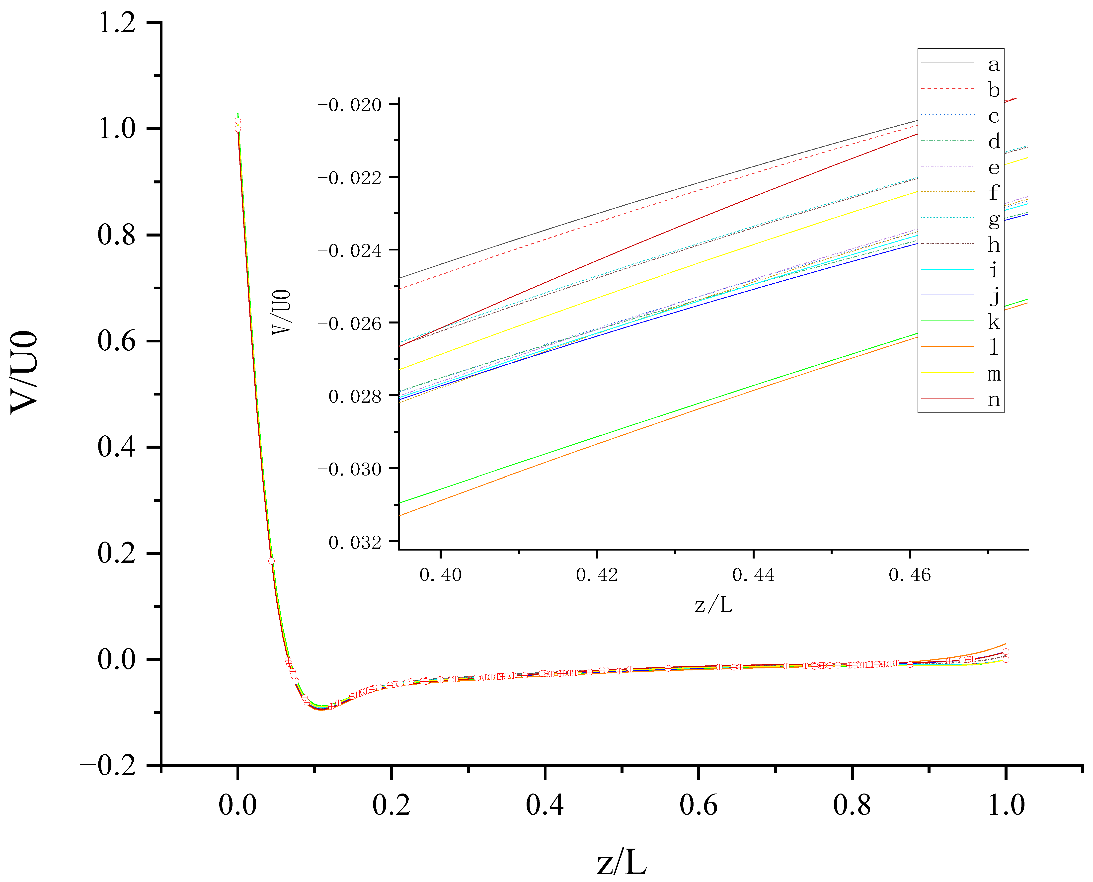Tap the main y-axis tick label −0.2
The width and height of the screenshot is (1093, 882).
(x=108, y=766)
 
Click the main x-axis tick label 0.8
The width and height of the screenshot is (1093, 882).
(x=852, y=805)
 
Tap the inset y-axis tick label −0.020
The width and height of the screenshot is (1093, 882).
(x=349, y=105)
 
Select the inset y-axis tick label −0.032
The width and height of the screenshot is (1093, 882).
(x=349, y=543)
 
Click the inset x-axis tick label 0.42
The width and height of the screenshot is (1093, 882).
(x=597, y=575)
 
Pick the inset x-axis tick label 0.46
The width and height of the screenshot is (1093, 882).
(x=910, y=575)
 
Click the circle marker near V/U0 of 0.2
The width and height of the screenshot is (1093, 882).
(x=271, y=561)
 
